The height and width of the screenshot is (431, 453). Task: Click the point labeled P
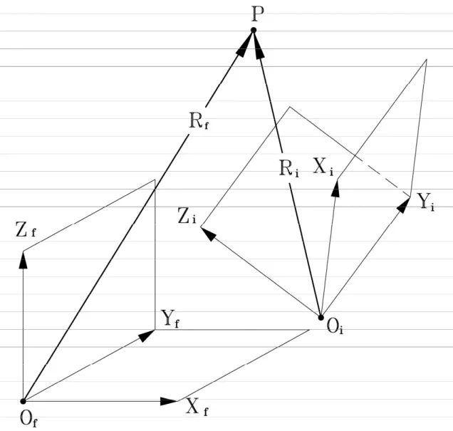coord(254,30)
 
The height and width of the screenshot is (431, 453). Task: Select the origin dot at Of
coord(23,401)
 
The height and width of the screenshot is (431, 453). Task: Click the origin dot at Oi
coord(321,318)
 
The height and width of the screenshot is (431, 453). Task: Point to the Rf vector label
coord(199,120)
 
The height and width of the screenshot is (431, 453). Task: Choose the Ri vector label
coord(289,168)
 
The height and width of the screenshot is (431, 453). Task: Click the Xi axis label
coord(323,167)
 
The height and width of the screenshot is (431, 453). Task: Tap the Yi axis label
coord(426,202)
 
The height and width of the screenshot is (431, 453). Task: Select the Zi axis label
coord(187,217)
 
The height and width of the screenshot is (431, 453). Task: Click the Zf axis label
coord(26,230)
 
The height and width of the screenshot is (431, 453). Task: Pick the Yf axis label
coord(170,319)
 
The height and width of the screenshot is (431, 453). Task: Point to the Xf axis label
coord(197,407)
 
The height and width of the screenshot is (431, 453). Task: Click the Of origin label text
coord(28,419)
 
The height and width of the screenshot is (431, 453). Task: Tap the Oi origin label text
coord(335,327)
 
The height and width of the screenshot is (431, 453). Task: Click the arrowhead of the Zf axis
coord(23,260)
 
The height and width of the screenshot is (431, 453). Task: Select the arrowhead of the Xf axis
coord(169,401)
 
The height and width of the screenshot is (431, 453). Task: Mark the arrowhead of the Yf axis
coord(147,335)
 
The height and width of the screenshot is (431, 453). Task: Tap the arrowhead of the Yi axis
coord(404,204)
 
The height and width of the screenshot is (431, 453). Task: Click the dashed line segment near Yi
coord(382,177)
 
